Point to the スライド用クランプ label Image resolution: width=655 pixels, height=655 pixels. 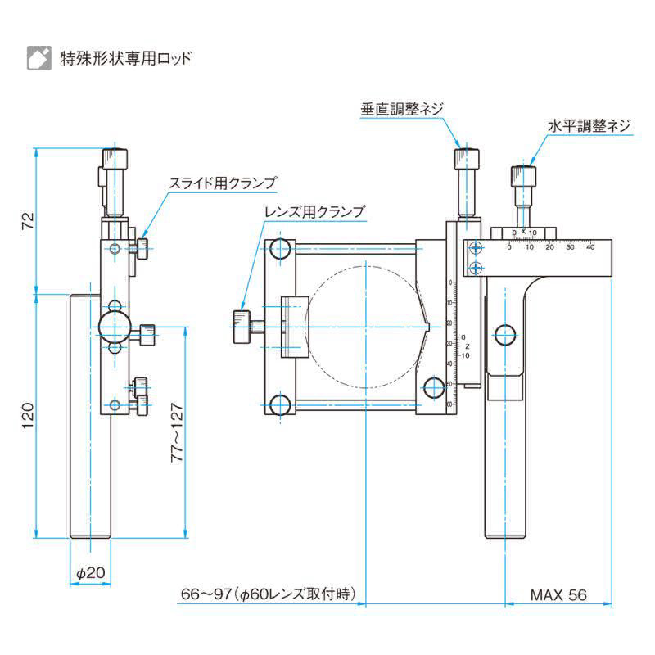(x=222, y=183)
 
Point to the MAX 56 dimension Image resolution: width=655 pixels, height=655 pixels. (x=558, y=595)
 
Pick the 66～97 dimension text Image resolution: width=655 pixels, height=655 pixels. (x=271, y=595)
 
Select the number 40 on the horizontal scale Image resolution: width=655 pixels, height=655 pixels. (x=590, y=245)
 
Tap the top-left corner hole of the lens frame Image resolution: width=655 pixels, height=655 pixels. (x=280, y=249)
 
